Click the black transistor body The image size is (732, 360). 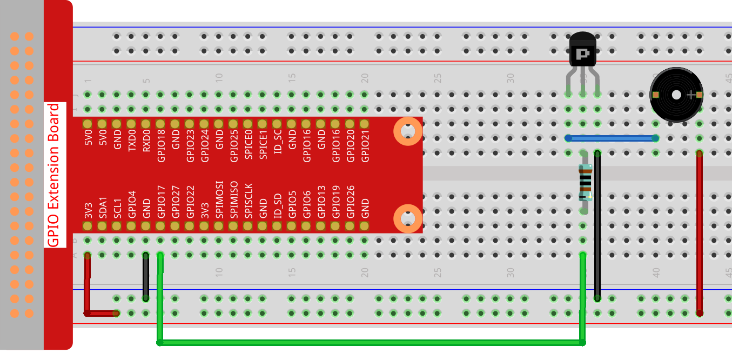(583, 49)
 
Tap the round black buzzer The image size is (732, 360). (676, 95)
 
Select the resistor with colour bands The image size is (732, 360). (584, 183)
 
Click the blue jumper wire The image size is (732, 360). (612, 138)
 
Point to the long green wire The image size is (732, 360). (371, 343)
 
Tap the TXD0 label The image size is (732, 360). (132, 141)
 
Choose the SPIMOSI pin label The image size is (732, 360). (219, 200)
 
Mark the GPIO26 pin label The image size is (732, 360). (350, 202)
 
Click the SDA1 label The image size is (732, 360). (103, 208)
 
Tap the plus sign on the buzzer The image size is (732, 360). (691, 95)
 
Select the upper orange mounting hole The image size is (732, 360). (408, 131)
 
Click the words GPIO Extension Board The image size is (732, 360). (53, 175)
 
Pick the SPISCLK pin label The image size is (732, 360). (249, 201)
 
